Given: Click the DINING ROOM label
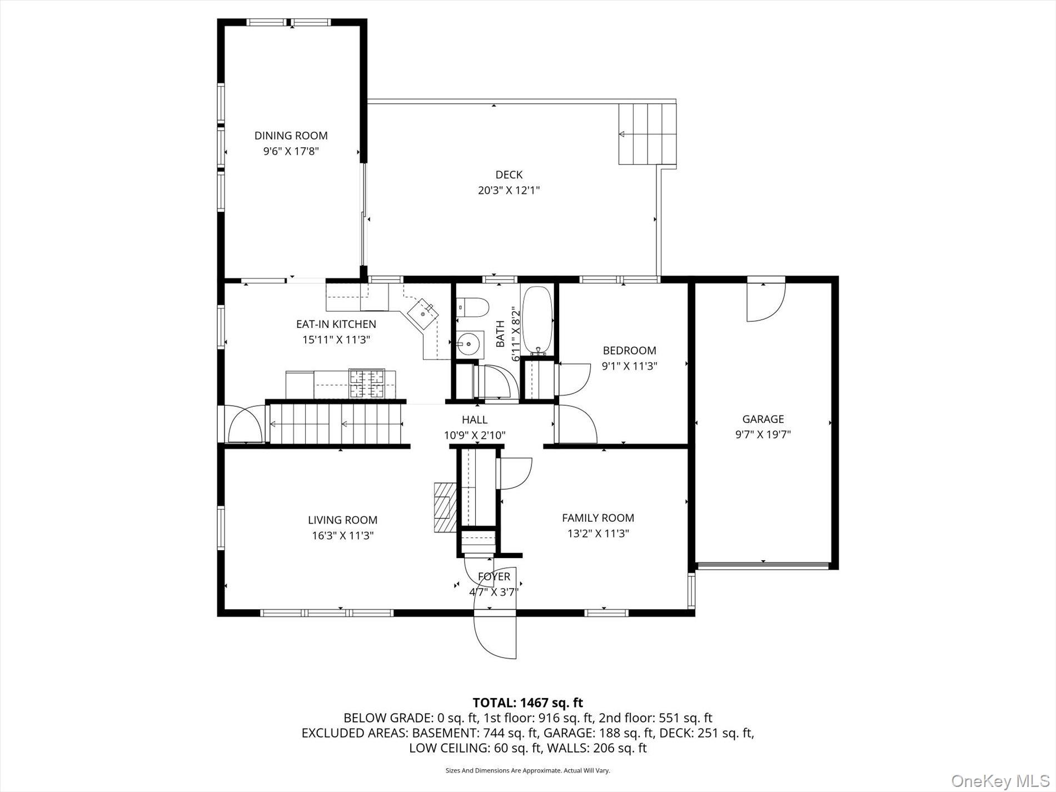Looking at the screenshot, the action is point(291,136).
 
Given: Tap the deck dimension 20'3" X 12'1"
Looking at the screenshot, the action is point(509,191).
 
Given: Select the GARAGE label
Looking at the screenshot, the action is point(763,419).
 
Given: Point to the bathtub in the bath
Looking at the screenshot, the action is point(537,321).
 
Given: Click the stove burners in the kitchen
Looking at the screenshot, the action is point(366,383).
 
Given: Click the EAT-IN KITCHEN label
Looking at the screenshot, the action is point(336,324).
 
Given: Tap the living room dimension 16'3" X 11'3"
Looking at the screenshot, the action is point(342,536).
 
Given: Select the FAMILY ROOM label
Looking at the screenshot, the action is point(598,518).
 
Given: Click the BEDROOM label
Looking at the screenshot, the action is point(630,351).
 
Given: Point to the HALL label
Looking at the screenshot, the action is point(475,420).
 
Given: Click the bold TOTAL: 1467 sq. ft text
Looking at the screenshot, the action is point(527,703).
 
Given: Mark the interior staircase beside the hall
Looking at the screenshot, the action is point(336,424).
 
